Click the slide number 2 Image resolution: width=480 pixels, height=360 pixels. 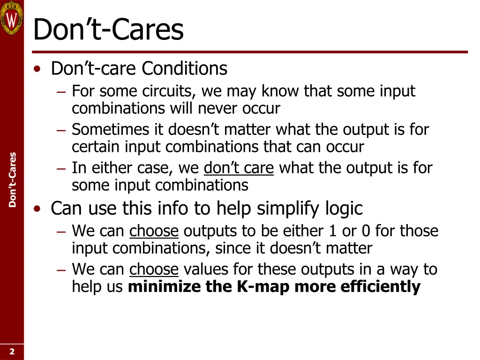pyautogui.click(x=12, y=352)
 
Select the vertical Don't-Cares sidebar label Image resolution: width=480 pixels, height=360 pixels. pyautogui.click(x=13, y=180)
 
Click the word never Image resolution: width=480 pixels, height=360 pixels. pyautogui.click(x=219, y=108)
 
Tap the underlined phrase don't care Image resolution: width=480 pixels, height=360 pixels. pyautogui.click(x=239, y=168)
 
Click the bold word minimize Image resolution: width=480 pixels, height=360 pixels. pyautogui.click(x=165, y=286)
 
